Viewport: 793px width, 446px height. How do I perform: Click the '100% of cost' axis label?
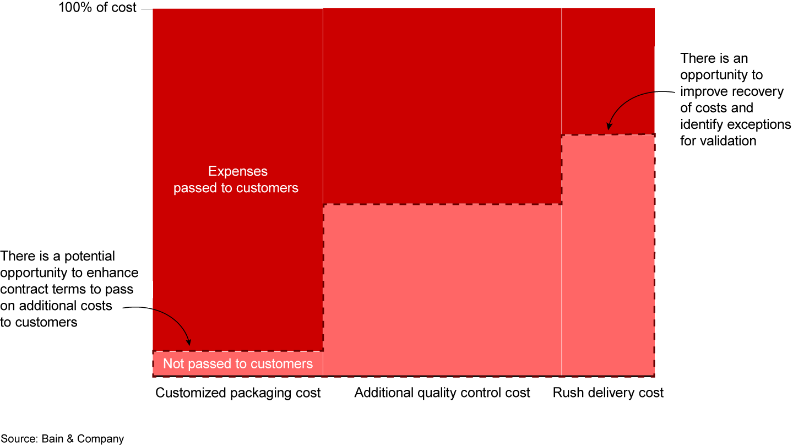click(97, 8)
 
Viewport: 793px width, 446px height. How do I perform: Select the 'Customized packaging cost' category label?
click(238, 393)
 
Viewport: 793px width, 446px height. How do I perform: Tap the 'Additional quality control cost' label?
click(442, 393)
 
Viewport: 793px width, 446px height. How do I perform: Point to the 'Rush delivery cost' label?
click(608, 393)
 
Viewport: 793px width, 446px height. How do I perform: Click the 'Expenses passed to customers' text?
click(236, 180)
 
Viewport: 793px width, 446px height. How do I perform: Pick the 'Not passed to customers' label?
click(238, 364)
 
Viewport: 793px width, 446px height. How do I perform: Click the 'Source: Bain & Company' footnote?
click(62, 439)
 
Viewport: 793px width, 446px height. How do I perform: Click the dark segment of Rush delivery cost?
click(608, 72)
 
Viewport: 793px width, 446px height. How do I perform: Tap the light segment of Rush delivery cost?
click(608, 253)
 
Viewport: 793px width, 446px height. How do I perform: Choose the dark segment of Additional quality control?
click(442, 105)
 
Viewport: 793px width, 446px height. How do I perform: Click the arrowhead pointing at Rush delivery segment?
click(609, 127)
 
